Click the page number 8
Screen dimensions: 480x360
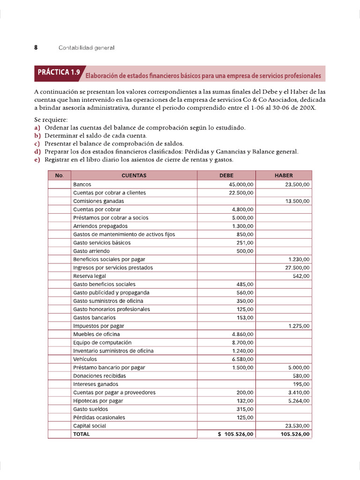tap(36, 48)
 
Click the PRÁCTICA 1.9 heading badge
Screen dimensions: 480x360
tap(59, 73)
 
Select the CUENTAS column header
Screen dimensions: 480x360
tap(134, 176)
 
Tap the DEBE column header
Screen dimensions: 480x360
tap(226, 176)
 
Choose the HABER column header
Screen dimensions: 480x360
tap(284, 176)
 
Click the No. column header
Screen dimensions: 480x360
tap(59, 176)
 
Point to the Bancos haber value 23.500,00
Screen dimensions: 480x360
tap(297, 185)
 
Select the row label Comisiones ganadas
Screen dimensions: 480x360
tap(98, 201)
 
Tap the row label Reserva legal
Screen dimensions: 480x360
tap(90, 276)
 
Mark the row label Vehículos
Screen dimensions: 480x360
tap(85, 359)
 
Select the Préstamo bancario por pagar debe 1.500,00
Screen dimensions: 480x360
tap(243, 367)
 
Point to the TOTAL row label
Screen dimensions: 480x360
tap(82, 434)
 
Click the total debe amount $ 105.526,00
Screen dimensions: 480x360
tap(236, 434)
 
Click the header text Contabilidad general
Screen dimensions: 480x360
tap(86, 48)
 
